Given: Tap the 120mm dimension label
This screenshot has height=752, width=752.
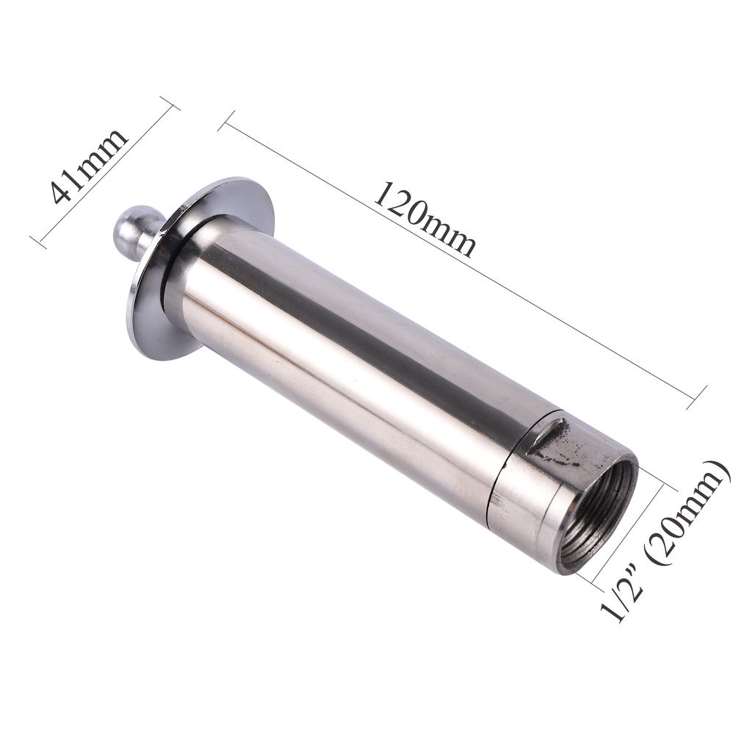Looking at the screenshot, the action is tap(424, 220).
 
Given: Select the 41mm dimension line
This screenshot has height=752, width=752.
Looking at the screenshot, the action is tap(105, 174).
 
